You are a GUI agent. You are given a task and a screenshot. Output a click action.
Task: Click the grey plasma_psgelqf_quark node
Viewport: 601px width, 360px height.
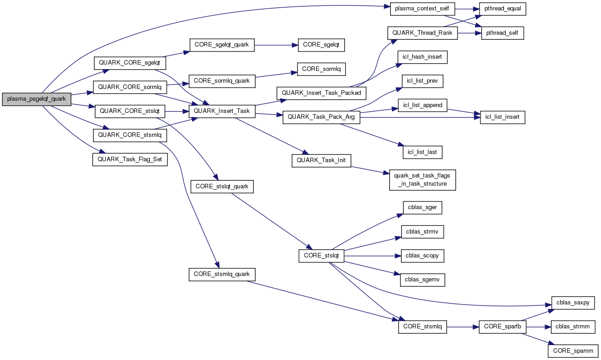click(x=36, y=99)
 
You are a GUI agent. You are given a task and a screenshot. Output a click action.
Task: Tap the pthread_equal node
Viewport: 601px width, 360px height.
click(x=503, y=9)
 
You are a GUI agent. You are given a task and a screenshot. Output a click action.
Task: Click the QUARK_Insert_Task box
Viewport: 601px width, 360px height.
click(x=222, y=111)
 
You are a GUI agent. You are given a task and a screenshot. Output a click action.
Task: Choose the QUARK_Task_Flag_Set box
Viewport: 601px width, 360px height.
click(x=130, y=159)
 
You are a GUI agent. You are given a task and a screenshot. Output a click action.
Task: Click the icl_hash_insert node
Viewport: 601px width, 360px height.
click(x=422, y=57)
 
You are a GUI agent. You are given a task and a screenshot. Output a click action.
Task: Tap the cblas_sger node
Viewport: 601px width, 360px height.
click(x=422, y=207)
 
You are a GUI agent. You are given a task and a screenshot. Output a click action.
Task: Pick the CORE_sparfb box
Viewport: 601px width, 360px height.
click(x=503, y=326)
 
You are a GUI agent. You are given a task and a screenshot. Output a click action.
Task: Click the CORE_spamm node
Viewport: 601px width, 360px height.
click(x=573, y=351)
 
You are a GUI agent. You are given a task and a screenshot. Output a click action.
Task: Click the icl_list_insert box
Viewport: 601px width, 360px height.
click(x=503, y=117)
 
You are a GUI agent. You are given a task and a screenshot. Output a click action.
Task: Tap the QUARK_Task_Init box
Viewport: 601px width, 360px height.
click(x=321, y=160)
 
